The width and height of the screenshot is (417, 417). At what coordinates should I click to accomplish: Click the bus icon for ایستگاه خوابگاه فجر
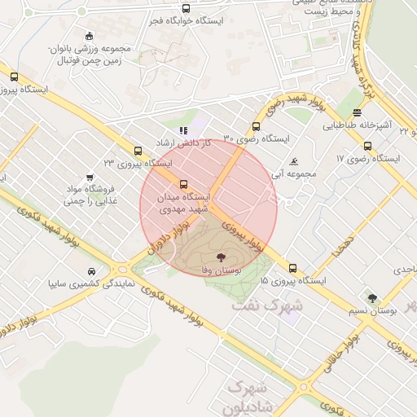point(187,9)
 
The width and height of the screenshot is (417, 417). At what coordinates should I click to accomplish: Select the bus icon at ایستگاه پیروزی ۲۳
point(138,151)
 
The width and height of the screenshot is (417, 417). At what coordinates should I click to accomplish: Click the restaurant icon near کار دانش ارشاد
point(183,129)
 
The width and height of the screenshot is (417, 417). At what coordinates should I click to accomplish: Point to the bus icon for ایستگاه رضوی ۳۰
point(257,126)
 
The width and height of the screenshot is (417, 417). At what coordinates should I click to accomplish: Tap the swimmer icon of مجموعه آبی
point(293,160)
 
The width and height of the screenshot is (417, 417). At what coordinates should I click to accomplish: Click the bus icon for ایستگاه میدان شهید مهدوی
point(182,184)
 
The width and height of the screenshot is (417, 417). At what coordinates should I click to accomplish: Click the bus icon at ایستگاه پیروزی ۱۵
point(292,268)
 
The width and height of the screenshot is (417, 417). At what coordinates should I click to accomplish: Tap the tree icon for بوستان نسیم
point(373,299)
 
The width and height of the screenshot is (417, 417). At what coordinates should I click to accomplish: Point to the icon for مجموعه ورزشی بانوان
point(89,36)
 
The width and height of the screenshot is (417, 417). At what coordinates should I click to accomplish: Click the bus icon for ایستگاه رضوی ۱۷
point(368,147)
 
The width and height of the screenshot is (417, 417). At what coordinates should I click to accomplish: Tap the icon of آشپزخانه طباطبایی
point(358,112)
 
